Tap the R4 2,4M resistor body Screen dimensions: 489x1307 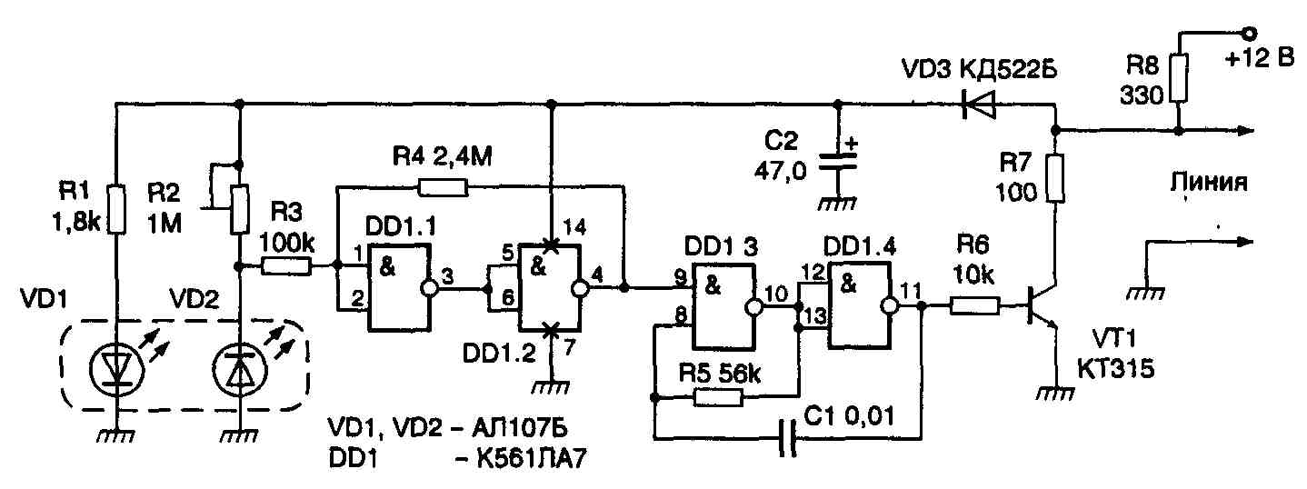click(443, 188)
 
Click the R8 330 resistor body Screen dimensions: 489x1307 click(1178, 78)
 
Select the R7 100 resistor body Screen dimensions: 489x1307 click(1054, 177)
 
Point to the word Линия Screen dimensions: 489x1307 click(1208, 183)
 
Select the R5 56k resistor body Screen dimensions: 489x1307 click(719, 397)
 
